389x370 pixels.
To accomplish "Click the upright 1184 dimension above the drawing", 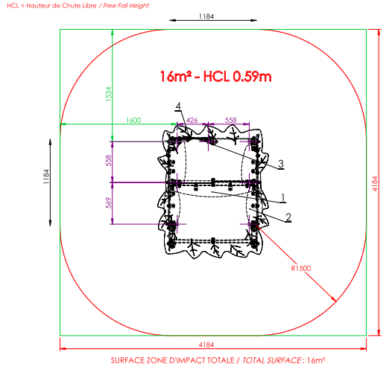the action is pyautogui.click(x=206, y=16).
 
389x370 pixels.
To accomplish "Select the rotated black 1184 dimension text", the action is pyautogui.click(x=46, y=176).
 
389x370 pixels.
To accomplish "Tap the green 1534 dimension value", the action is pyautogui.click(x=109, y=94).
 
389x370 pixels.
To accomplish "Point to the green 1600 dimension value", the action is pyautogui.click(x=133, y=121).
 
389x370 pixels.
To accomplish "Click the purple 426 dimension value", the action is pyautogui.click(x=192, y=121).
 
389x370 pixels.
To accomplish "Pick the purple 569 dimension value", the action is pyautogui.click(x=109, y=202).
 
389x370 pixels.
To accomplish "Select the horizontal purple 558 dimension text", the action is pyautogui.click(x=231, y=121).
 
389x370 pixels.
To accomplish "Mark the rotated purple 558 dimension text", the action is pyautogui.click(x=109, y=161).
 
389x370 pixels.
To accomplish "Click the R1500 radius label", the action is pyautogui.click(x=301, y=268).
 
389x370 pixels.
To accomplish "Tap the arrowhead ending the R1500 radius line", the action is pyautogui.click(x=335, y=301).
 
